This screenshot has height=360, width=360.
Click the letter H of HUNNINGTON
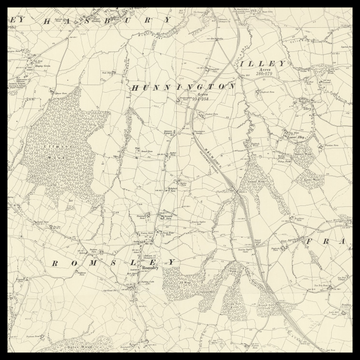click(x=134, y=88)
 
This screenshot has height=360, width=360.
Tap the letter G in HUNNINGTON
click(x=194, y=88)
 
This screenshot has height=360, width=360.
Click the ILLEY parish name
click(x=263, y=63)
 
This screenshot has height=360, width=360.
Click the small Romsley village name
click(x=149, y=267)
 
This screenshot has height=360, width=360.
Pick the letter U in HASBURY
click(x=117, y=19)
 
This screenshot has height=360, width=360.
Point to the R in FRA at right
click(x=326, y=242)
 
